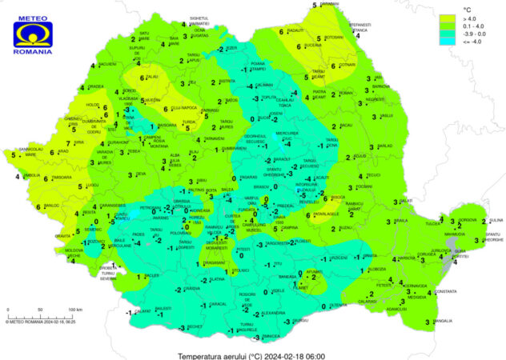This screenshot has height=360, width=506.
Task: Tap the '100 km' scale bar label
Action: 74,309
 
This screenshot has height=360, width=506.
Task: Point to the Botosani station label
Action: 334,38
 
